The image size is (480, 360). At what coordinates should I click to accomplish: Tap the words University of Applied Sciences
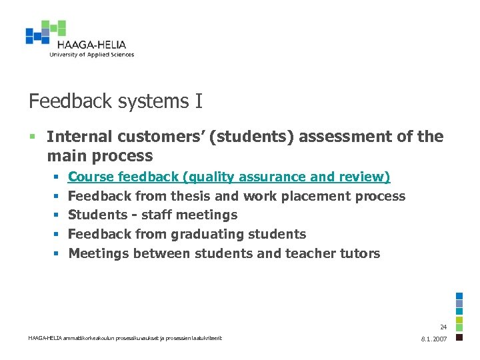pos(91,55)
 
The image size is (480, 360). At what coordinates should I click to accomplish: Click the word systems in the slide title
pos(145,102)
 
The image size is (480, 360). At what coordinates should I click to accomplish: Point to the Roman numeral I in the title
pos(199,101)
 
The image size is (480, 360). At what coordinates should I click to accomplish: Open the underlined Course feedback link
pos(229,177)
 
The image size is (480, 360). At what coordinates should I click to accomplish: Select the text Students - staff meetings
pos(153,215)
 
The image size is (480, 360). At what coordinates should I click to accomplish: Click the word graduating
pos(209,234)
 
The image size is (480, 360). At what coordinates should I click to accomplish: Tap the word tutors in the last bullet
pos(360,253)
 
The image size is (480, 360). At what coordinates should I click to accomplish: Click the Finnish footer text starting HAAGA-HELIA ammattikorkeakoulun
pos(125,338)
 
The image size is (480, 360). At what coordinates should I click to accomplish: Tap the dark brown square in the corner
pos(459,337)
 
